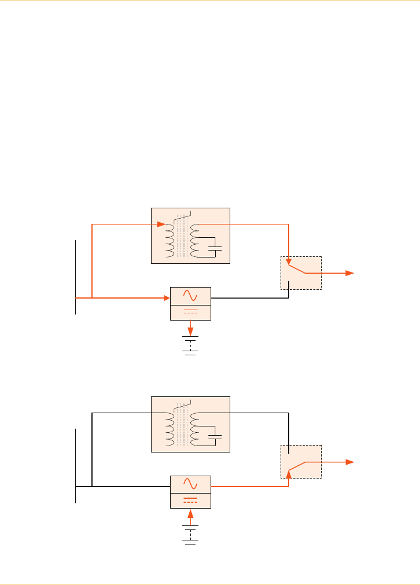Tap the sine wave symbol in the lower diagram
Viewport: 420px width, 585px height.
coord(190,484)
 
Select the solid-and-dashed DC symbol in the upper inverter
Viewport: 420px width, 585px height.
coord(190,312)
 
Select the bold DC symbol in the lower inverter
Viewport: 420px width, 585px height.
coord(190,499)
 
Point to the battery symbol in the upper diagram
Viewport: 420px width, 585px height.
coord(190,345)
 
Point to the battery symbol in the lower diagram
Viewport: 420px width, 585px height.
coord(190,534)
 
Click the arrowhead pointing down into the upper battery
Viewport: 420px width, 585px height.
coord(190,332)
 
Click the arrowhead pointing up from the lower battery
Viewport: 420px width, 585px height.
coord(190,513)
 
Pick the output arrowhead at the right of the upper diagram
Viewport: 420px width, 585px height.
coord(349,273)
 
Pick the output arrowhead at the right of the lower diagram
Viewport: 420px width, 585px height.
coord(349,462)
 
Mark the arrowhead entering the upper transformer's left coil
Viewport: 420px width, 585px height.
coord(163,224)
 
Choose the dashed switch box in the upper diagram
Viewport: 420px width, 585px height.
coord(301,273)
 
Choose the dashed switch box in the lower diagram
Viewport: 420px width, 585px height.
coord(301,462)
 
